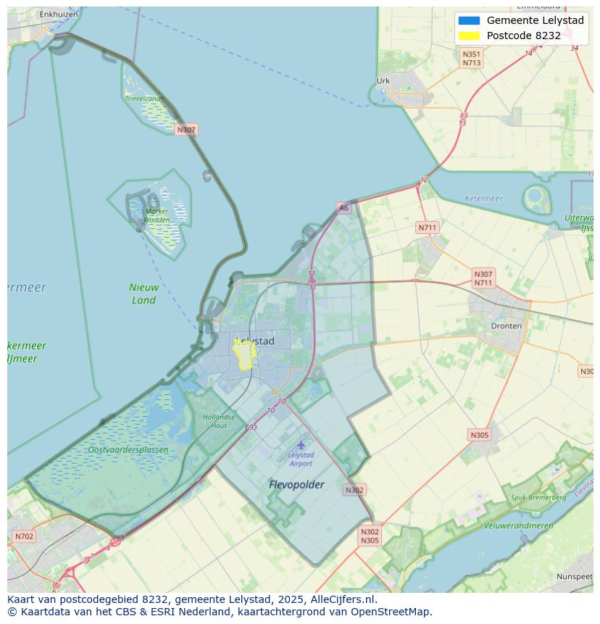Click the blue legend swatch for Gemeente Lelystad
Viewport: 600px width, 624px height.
coord(469,20)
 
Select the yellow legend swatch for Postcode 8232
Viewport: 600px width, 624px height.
coord(469,36)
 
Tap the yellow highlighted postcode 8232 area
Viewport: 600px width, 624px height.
coord(244,354)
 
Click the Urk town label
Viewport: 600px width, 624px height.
coord(383,81)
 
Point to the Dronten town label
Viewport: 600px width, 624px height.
coord(506,326)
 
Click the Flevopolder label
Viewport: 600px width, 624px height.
coord(296,484)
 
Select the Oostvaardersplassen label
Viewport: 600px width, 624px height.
coord(128,450)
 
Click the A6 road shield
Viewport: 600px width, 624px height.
coord(343,208)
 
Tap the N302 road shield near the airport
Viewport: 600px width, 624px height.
coord(354,490)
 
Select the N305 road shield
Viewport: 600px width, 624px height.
coord(479,435)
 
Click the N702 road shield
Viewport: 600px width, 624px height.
coord(23,537)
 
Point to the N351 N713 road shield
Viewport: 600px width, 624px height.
coord(472,59)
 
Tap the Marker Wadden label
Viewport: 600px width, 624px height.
coord(156,215)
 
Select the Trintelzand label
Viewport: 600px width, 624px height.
coord(143,99)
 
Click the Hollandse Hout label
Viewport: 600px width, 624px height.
coord(219,421)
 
